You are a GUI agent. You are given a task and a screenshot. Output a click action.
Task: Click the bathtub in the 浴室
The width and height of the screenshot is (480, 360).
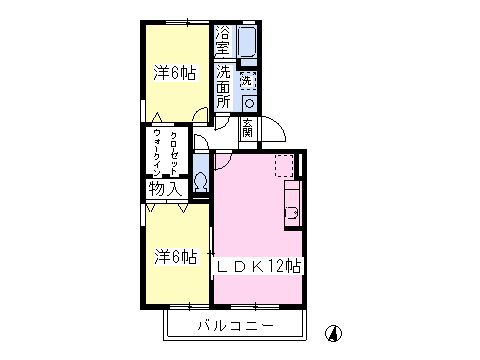247,41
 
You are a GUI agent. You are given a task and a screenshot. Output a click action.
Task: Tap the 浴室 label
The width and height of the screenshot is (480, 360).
223,40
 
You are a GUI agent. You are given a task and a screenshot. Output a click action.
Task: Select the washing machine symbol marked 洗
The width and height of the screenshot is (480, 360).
248,80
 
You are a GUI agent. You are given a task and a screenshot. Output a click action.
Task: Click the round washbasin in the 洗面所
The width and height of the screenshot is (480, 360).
249,103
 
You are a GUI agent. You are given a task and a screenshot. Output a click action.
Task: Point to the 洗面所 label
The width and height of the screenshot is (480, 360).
223,87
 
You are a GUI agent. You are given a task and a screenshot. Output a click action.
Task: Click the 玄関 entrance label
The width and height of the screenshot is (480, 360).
247,128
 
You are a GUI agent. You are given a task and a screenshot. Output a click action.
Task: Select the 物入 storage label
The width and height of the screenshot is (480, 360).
165,189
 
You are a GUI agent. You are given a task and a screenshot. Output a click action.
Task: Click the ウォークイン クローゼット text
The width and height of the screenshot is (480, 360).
166,153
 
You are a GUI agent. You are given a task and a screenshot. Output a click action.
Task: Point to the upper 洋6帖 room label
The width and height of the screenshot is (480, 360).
175,73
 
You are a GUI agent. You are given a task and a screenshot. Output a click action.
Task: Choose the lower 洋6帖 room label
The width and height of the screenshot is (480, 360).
175,257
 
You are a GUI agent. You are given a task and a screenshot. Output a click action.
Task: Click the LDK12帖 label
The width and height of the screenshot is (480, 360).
259,266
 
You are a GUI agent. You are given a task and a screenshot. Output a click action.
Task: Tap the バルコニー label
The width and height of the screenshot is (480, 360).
236,325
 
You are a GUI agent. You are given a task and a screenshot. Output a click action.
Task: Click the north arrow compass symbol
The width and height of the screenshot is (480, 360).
334,333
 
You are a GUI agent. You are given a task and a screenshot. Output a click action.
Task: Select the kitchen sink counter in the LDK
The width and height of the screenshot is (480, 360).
293,205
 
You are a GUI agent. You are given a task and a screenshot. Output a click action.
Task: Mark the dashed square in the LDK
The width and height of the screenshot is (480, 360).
284,166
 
